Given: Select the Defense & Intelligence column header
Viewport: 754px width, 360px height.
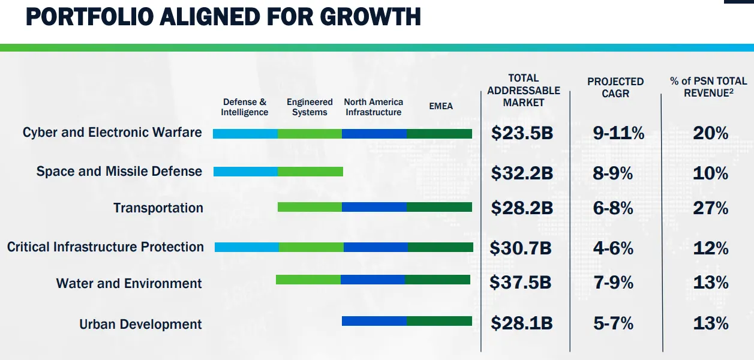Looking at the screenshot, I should pyautogui.click(x=244, y=107).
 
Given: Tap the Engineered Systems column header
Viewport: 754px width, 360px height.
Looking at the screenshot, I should pyautogui.click(x=310, y=107).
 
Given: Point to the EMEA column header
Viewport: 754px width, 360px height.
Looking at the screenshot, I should pyautogui.click(x=441, y=106).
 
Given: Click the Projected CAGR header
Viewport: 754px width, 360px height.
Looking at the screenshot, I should pyautogui.click(x=615, y=88).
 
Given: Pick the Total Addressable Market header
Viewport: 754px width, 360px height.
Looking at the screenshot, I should pyautogui.click(x=524, y=90).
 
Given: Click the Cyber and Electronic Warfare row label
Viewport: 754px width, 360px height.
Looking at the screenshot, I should pyautogui.click(x=112, y=132).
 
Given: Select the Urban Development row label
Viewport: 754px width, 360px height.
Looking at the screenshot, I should pyautogui.click(x=140, y=325).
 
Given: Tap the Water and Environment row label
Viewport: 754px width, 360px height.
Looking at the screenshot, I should pyautogui.click(x=129, y=283).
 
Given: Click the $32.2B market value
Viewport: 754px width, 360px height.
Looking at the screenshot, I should pyautogui.click(x=521, y=173).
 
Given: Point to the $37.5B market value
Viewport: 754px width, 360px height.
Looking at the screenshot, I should pyautogui.click(x=520, y=282).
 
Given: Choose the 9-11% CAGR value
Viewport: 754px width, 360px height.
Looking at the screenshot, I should pyautogui.click(x=618, y=133).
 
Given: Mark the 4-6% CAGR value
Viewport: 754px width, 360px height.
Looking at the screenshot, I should pyautogui.click(x=613, y=248).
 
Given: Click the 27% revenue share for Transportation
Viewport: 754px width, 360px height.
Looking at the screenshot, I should pyautogui.click(x=710, y=208).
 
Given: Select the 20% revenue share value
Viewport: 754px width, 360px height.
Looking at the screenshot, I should pyautogui.click(x=710, y=133).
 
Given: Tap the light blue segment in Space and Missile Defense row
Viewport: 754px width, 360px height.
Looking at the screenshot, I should pyautogui.click(x=245, y=172).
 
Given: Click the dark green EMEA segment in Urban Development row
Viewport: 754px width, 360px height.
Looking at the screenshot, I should pyautogui.click(x=439, y=321).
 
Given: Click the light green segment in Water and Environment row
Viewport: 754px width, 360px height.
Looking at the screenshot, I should pyautogui.click(x=308, y=280).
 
